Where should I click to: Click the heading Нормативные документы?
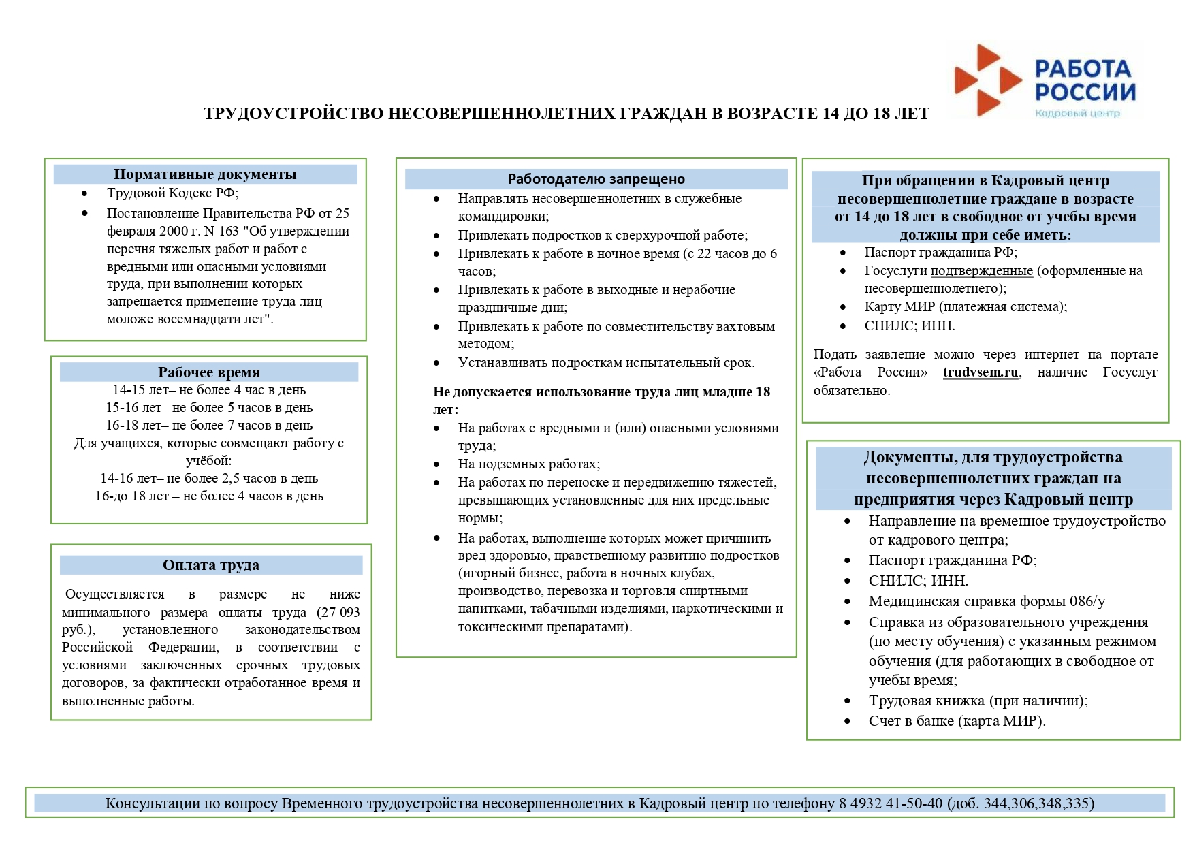pyautogui.click(x=205, y=174)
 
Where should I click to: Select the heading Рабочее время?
pyautogui.click(x=209, y=372)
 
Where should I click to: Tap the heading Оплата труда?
pyautogui.click(x=211, y=565)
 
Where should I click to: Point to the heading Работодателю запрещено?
pyautogui.click(x=596, y=179)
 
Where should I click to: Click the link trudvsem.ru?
pyautogui.click(x=981, y=372)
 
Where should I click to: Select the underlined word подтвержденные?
pyautogui.click(x=982, y=271)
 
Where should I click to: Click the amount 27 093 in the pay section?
pyautogui.click(x=340, y=612)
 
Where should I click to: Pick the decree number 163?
pyautogui.click(x=229, y=232)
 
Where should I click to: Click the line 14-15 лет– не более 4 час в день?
pyautogui.click(x=209, y=390)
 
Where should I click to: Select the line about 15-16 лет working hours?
pyautogui.click(x=209, y=408)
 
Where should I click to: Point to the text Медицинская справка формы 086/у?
pyautogui.click(x=987, y=601)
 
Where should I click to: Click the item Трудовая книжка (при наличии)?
pyautogui.click(x=978, y=701)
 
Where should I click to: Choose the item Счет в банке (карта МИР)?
pyautogui.click(x=957, y=721)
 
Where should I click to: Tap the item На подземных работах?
pyautogui.click(x=529, y=464)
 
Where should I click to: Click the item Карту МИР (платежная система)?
pyautogui.click(x=966, y=307)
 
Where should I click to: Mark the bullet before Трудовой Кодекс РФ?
pyautogui.click(x=84, y=193)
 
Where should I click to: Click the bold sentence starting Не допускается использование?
pyautogui.click(x=601, y=392)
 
